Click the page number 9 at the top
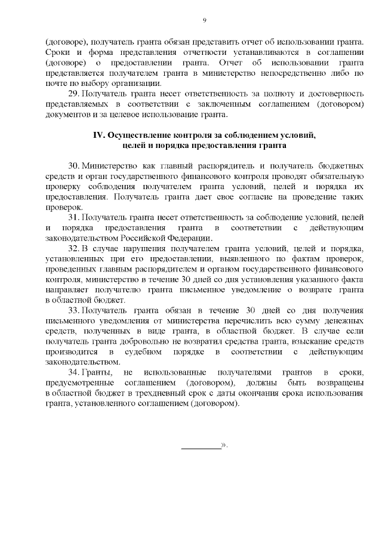204,20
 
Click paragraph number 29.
74,94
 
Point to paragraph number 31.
74,218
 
